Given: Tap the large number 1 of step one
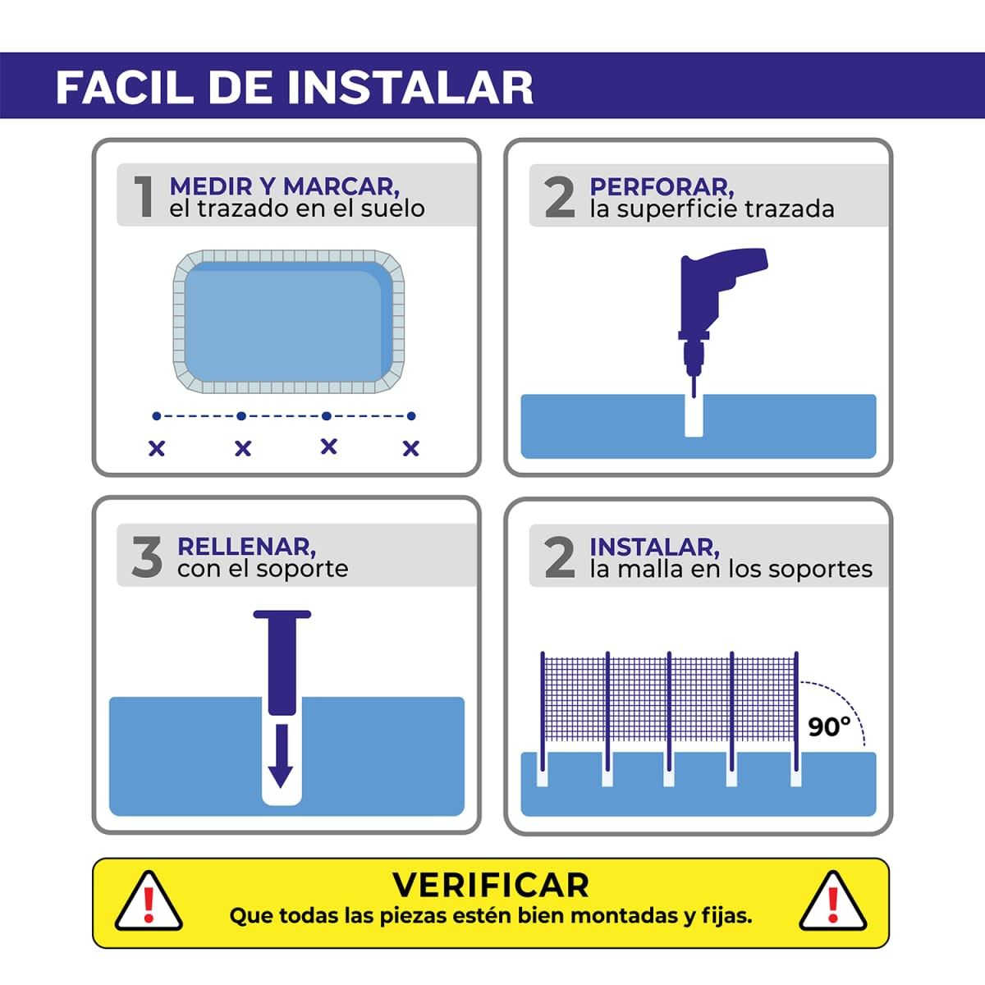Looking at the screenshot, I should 144,197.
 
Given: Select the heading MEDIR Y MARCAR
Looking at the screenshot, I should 284,186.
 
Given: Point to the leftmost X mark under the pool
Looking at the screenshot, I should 156,448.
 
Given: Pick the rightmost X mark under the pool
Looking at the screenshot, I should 411,448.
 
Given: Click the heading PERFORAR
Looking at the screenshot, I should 662,186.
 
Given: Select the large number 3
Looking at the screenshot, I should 147,557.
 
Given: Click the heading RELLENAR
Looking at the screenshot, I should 246,546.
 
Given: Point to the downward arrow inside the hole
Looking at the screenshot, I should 281,755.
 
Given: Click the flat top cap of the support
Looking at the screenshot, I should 282,614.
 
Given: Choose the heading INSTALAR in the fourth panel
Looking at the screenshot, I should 654,546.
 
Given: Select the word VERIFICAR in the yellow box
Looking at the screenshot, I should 491,885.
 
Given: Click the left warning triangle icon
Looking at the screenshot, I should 149,902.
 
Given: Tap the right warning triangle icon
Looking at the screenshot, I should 832,902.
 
